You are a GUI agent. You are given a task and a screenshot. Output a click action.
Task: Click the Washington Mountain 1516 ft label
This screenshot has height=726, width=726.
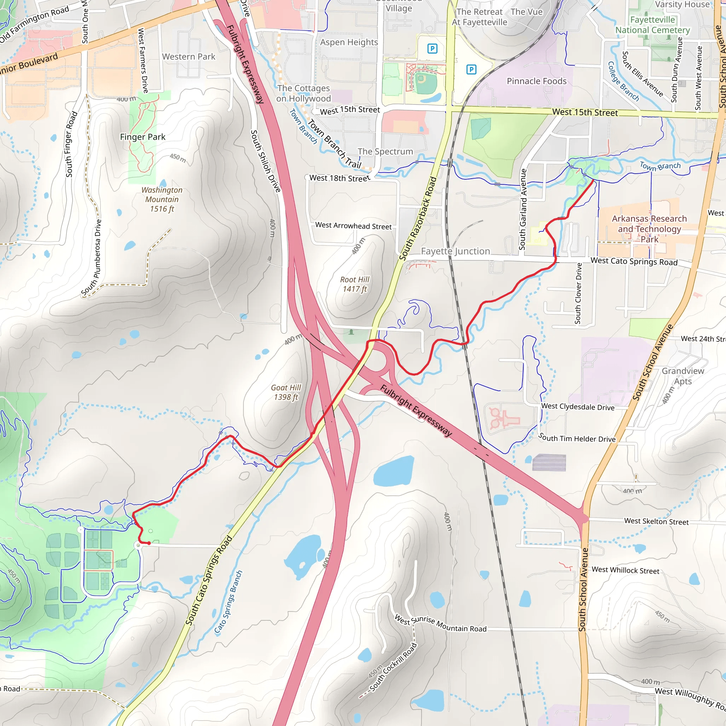[162, 199]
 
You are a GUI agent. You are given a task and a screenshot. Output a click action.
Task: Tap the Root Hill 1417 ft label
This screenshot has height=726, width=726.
[355, 284]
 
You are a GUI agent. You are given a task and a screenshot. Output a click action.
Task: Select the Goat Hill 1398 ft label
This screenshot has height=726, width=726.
[286, 392]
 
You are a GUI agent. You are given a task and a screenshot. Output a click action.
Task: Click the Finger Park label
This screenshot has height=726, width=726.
[143, 137]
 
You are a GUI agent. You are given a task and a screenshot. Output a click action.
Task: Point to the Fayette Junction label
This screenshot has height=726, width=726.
[456, 251]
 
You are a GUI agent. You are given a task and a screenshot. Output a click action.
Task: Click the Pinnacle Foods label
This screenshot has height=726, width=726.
[537, 81]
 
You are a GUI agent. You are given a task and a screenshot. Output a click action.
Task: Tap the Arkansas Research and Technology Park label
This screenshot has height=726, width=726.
[649, 229]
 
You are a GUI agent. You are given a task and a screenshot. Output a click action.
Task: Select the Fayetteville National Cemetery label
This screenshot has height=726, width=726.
[653, 25]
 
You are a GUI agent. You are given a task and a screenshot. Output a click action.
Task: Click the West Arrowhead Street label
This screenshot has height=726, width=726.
[353, 226]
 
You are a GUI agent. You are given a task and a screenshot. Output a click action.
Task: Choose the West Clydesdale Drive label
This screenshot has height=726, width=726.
[578, 407]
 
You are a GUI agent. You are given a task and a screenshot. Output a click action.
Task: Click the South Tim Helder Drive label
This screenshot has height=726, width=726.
[577, 438]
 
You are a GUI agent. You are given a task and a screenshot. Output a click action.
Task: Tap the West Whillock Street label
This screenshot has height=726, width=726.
[625, 570]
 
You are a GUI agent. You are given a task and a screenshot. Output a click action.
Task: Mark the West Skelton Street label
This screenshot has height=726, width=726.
[657, 521]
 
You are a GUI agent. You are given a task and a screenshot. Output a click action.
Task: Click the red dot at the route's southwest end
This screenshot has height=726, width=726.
[149, 543]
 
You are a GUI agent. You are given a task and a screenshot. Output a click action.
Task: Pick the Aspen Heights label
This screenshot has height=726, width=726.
[349, 42]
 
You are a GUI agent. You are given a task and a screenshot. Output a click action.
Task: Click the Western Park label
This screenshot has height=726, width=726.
[189, 57]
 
